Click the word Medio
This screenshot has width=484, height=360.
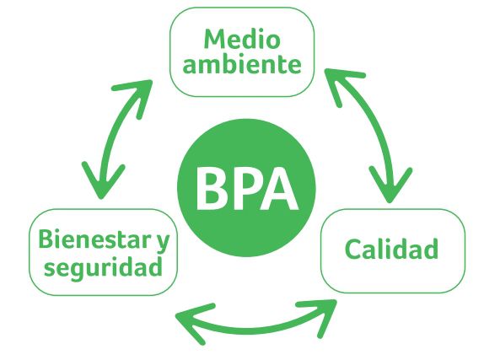click(x=242, y=39)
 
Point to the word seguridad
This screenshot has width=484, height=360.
click(x=103, y=266)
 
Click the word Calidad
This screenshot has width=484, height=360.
click(x=391, y=249)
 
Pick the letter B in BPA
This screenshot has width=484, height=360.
click(x=212, y=189)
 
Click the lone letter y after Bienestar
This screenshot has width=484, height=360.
click(x=163, y=243)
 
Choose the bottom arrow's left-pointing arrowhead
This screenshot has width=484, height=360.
click(x=191, y=321)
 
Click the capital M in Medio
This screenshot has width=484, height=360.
click(x=216, y=39)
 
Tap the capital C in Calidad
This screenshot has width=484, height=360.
click(x=352, y=249)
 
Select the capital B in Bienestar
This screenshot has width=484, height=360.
click(x=46, y=239)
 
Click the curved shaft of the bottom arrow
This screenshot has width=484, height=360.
click(x=255, y=330)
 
